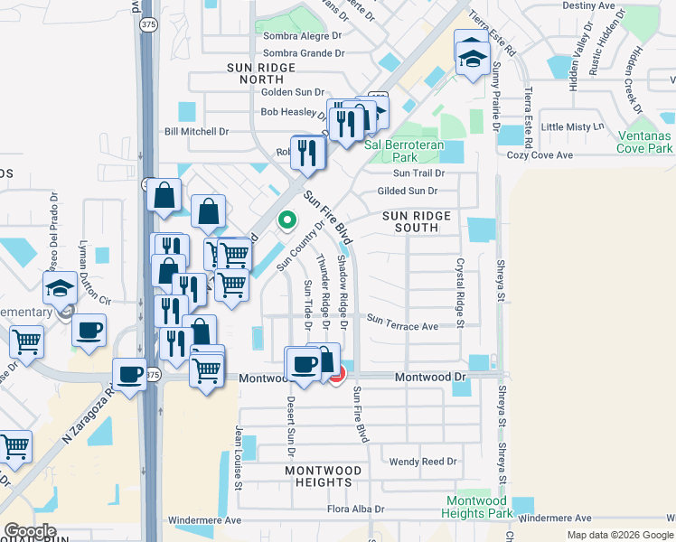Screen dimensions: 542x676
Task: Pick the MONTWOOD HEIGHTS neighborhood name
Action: [x=329, y=477]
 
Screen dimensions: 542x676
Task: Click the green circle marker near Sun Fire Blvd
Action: [x=286, y=220]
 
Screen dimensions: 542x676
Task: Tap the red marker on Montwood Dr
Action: [x=336, y=374]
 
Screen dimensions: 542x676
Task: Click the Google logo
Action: [x=30, y=531]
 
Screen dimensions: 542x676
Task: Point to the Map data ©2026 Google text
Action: [x=620, y=534]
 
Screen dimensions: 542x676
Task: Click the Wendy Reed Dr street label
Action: [x=423, y=462]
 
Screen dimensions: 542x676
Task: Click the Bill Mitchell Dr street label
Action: [x=196, y=132]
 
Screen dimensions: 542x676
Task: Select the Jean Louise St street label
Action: [x=239, y=458]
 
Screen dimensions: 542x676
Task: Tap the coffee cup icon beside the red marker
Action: [x=303, y=364]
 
